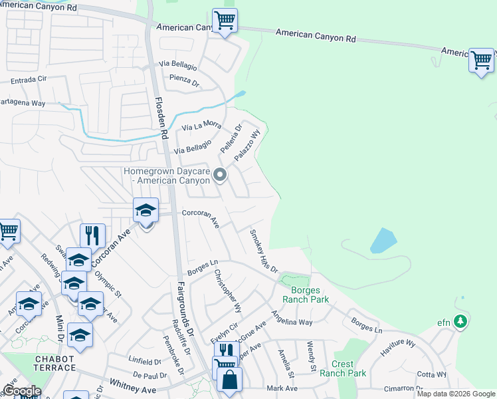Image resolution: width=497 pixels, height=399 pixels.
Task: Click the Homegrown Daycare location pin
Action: [221, 176]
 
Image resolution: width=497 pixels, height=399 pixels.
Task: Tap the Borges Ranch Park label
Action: [306, 295]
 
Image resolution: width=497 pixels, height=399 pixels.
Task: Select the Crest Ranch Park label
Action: [349, 368]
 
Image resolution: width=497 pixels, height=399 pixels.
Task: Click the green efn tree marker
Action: [460, 323]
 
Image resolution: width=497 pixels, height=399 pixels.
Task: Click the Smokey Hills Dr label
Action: [263, 250]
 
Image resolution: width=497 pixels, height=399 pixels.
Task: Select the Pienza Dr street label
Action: [186, 82]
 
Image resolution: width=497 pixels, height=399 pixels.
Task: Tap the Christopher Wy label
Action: [225, 291]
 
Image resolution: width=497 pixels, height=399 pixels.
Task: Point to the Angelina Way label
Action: [290, 322]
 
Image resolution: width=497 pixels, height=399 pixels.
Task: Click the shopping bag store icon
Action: [229, 380]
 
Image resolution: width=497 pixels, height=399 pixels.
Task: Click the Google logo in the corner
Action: [21, 391]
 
